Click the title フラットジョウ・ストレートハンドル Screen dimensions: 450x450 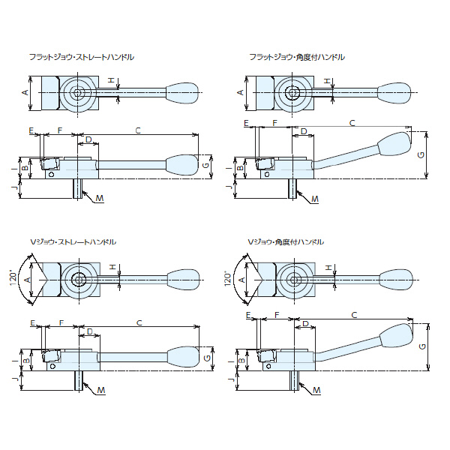pos(82,57)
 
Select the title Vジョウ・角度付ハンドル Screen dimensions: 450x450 pos(286,243)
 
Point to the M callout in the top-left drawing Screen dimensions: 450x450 pos(100,199)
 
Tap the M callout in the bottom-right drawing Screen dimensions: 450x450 pos(315,391)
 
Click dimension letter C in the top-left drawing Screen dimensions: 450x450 pos(138,130)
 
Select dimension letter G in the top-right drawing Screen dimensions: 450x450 pos(421,154)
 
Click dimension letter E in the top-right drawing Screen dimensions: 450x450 pos(244,121)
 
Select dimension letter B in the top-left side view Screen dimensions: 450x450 pos(25,169)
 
